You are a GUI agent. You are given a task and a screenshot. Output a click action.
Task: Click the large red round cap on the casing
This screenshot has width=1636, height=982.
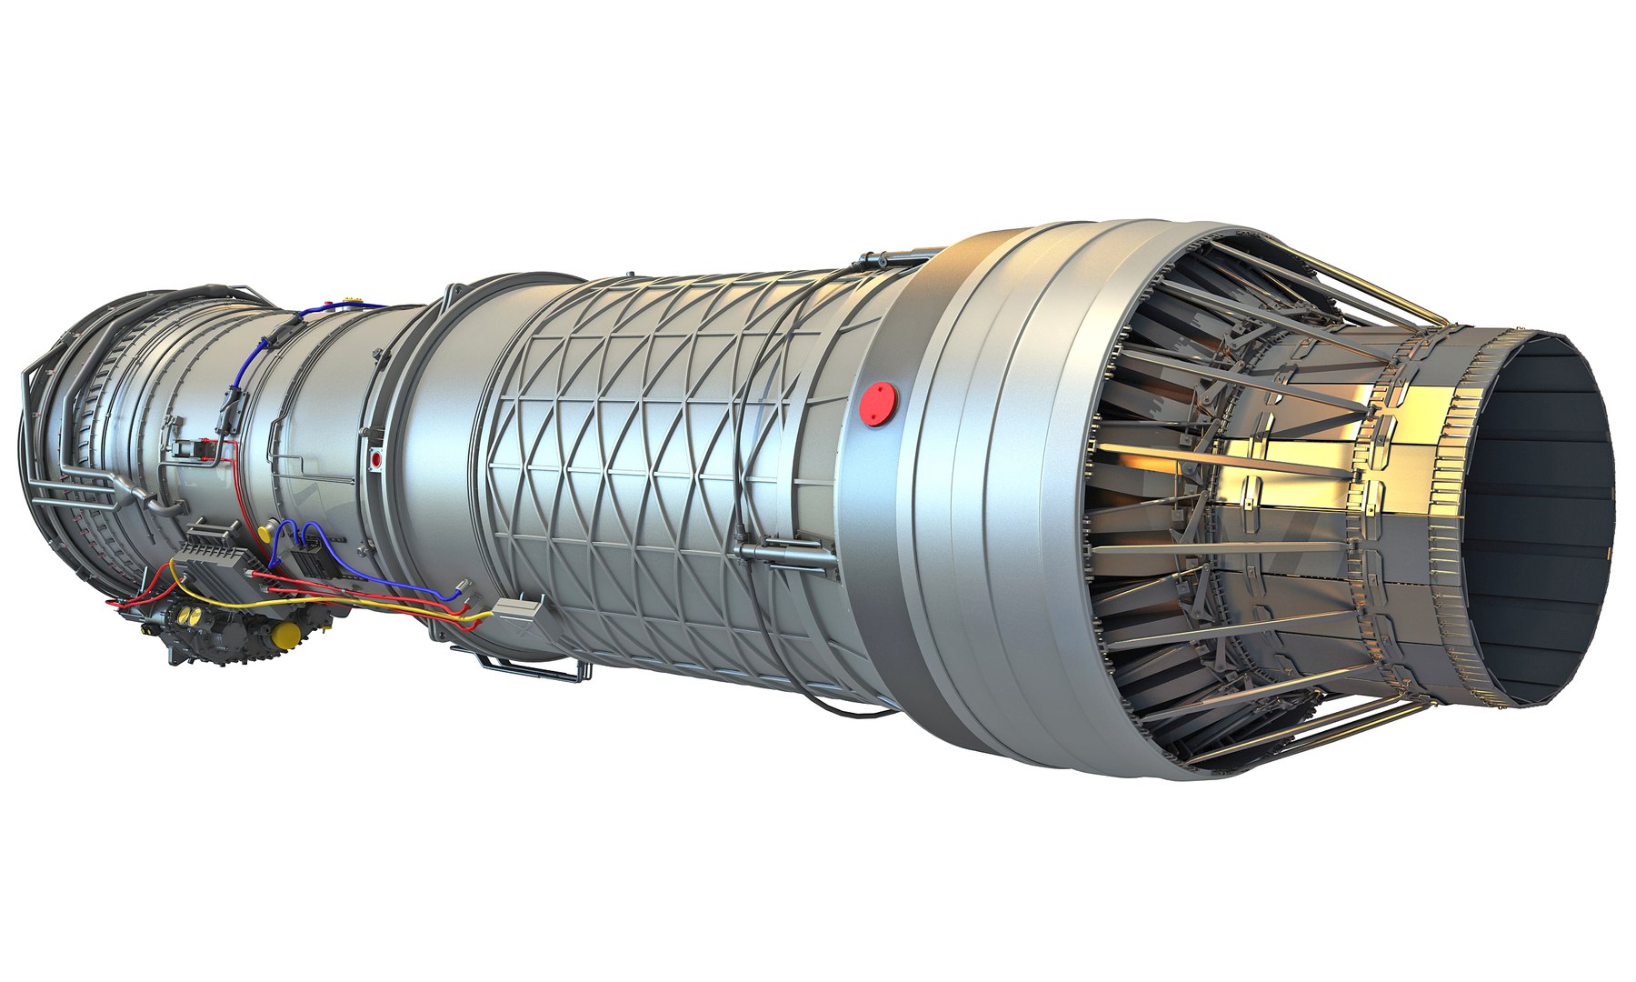878,404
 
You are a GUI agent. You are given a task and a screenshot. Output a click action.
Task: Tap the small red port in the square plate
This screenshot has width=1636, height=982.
376,460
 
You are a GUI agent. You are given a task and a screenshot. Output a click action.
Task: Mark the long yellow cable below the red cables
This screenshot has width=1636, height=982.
382,606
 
